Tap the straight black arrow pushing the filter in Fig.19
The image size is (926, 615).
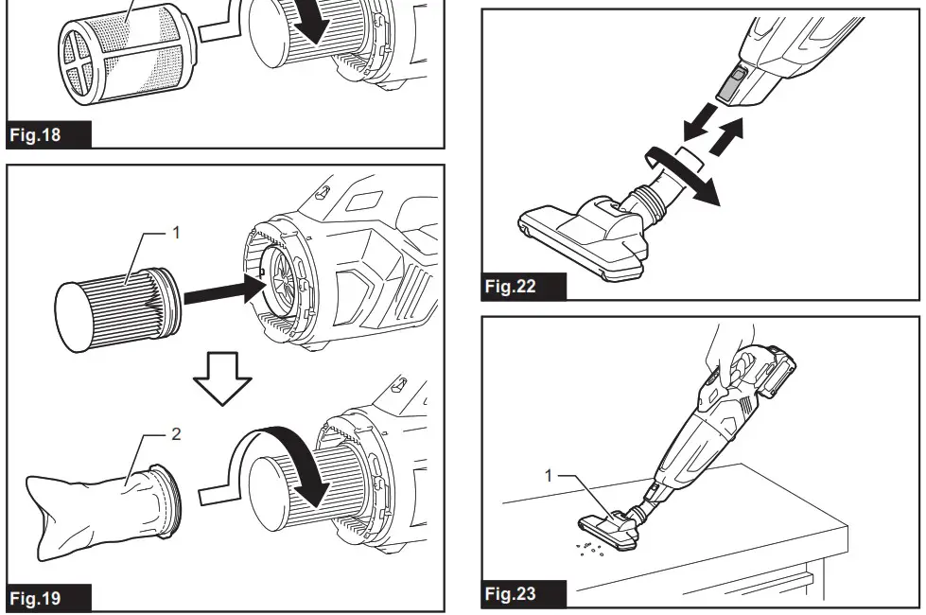[222, 291]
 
